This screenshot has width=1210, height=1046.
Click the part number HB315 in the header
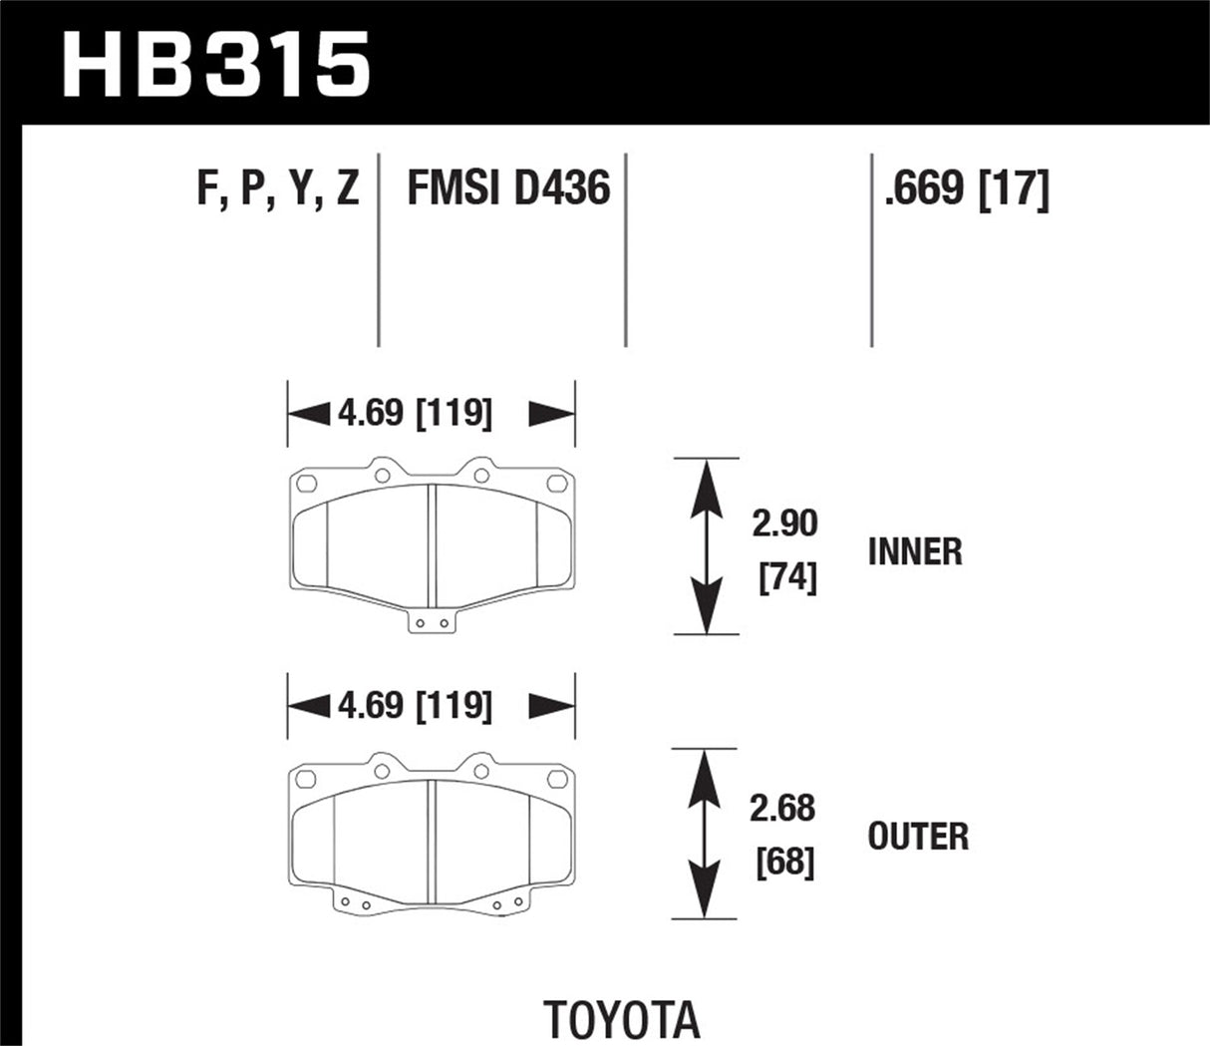point(216,63)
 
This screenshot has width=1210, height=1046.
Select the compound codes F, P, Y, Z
point(278,187)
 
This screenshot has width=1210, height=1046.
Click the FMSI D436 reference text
point(507,187)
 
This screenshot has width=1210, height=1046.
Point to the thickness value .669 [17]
point(966,187)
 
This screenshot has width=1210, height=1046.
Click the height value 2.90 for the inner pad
point(784,523)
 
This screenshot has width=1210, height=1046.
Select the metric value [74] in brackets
point(787,576)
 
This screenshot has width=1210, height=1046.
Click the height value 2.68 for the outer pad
point(782,809)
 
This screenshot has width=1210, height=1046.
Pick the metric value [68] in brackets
point(785,862)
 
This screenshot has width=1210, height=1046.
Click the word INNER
point(915,551)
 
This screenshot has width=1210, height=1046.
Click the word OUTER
point(918,837)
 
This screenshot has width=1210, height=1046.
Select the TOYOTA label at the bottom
point(622,1020)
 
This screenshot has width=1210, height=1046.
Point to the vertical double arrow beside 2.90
point(706,546)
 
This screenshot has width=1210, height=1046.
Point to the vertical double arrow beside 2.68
point(706,834)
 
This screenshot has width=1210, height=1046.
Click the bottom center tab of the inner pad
point(432,622)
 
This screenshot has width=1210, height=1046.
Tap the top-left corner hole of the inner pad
point(306,484)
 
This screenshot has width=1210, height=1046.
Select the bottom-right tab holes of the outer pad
point(507,904)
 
